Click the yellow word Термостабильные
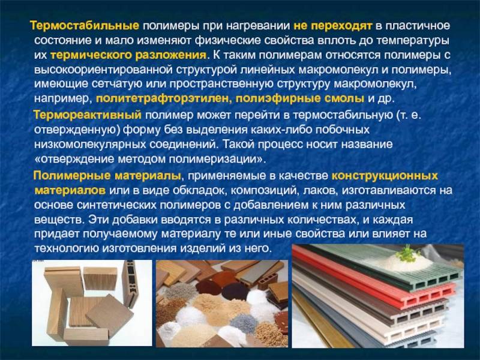tap(85, 26)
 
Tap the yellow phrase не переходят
tap(333, 26)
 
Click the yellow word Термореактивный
tap(88, 115)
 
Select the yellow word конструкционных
tap(385, 176)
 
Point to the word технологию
tap(66, 248)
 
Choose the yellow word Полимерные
tap(72, 176)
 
